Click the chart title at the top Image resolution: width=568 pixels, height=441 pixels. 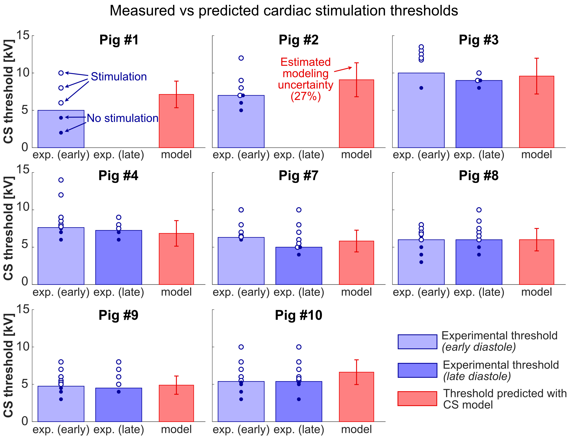(x=284, y=11)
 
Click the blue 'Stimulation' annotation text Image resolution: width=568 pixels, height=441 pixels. (x=119, y=77)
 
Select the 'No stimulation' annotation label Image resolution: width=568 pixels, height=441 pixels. (x=122, y=118)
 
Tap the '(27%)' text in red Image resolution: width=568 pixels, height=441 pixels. (x=306, y=96)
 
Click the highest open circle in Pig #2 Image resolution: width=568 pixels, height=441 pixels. (x=241, y=58)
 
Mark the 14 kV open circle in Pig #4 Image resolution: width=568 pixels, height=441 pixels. (x=61, y=180)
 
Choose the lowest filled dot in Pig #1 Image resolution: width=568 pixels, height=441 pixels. (x=61, y=133)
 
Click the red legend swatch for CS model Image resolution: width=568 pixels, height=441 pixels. (x=417, y=398)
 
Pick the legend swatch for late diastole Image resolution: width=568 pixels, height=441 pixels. (x=417, y=370)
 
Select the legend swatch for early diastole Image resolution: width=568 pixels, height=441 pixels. (x=417, y=342)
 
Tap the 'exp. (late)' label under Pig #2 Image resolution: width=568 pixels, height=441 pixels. (x=299, y=155)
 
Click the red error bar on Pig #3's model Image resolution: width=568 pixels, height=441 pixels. (x=537, y=76)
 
